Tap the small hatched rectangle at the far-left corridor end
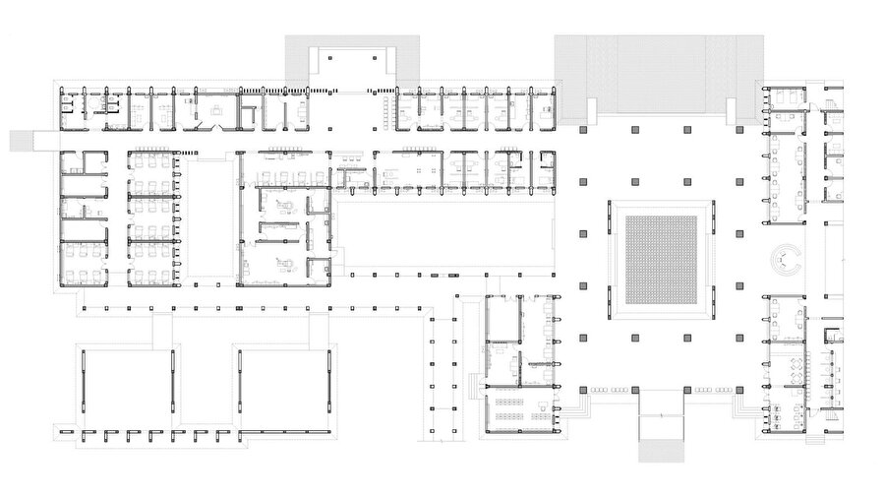point(22,141)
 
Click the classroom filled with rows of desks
point(518,411)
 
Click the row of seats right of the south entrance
point(714,391)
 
